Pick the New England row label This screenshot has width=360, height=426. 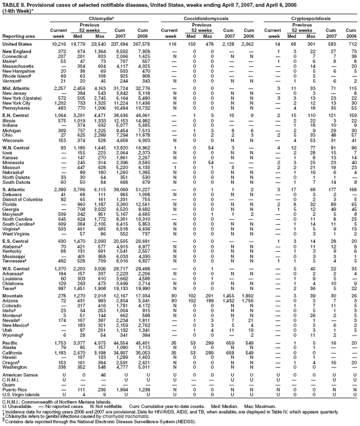pyautogui.click(x=16, y=52)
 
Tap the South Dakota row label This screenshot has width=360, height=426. pyautogui.click(x=18, y=183)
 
